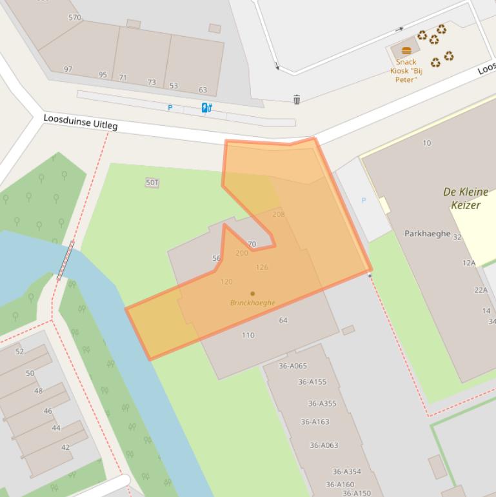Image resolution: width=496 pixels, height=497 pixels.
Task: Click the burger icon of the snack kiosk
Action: [406, 51]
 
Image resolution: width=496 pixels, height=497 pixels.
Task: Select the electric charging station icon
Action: [206, 108]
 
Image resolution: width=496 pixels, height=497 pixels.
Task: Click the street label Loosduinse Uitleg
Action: [81, 122]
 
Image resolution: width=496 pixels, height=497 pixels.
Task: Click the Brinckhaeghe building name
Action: [252, 303]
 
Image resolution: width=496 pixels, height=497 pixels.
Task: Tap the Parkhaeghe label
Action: [427, 234]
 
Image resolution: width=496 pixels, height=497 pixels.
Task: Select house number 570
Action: [75, 17]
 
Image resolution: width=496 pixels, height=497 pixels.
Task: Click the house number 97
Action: [68, 69]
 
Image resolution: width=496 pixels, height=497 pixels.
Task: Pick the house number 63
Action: [203, 90]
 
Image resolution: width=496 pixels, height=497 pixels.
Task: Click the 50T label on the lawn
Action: [152, 183]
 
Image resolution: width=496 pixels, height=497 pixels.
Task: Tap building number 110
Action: [248, 336]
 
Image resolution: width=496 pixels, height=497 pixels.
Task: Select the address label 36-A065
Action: [293, 366]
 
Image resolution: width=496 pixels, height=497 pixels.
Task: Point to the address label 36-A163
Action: [315, 422]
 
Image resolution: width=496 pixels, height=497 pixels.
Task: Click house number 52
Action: [19, 352]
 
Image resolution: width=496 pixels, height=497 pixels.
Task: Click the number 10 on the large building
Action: [426, 143]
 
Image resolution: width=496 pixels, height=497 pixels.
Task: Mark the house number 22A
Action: [481, 290]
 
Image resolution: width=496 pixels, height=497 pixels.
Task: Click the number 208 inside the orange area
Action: [279, 214]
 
